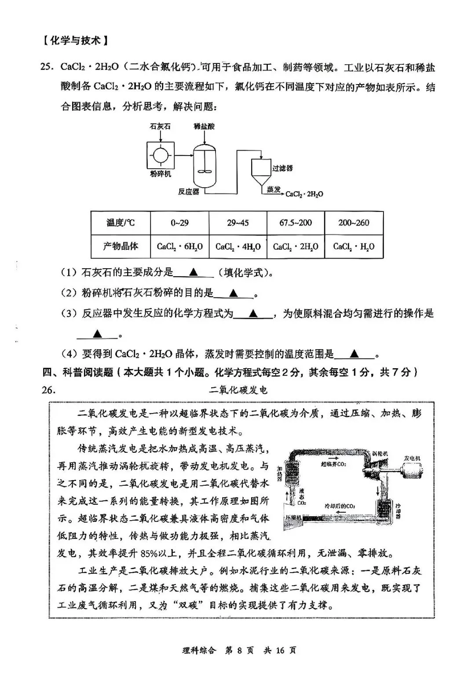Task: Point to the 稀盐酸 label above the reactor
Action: [x=205, y=126]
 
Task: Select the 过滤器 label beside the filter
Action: [x=282, y=168]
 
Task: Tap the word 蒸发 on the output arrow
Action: [x=274, y=189]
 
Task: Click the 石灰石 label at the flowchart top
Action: [x=160, y=126]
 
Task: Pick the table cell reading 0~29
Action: [x=179, y=223]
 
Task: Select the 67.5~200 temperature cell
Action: [x=296, y=223]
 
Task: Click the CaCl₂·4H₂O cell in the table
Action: [x=238, y=247]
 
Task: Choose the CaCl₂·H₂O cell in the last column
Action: [x=354, y=247]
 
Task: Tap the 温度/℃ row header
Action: [x=121, y=223]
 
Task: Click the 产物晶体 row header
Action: [x=121, y=247]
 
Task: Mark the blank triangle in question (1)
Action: [x=193, y=273]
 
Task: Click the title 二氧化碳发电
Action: [x=238, y=390]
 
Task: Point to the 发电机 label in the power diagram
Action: [x=412, y=459]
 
